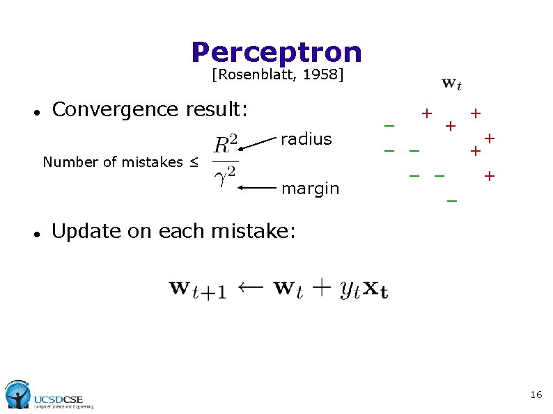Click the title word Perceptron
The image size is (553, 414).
coord(276,52)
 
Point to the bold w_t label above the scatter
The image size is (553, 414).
coord(451,84)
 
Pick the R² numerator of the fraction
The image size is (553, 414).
coord(226,145)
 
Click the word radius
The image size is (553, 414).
coord(306,139)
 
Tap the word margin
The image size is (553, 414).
coord(310,189)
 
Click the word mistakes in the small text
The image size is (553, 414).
coord(152,163)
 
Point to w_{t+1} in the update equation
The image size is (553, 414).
coord(197,289)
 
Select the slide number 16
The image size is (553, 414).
coord(536,395)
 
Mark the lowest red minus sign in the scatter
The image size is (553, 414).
coord(452,202)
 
